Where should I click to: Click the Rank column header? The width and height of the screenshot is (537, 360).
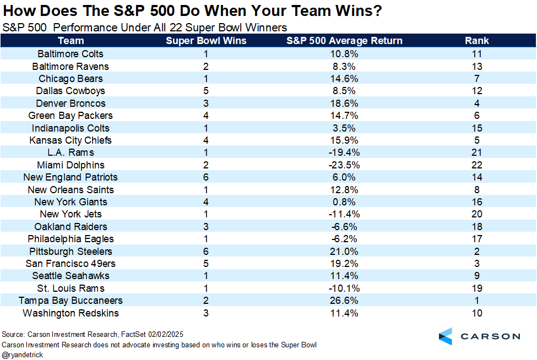tap(476, 41)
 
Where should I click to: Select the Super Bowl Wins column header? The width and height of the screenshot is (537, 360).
tap(206, 41)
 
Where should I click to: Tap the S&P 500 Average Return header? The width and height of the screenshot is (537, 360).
tap(344, 41)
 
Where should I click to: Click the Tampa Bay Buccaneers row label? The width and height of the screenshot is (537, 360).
tap(70, 301)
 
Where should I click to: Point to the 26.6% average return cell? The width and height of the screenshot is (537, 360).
tap(344, 301)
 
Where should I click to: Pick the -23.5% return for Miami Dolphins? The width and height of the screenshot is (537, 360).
tap(344, 165)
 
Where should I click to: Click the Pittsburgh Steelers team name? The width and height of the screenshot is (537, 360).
tap(70, 251)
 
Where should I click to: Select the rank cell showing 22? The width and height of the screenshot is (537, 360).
tap(477, 165)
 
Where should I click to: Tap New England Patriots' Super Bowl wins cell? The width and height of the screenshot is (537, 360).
tap(206, 177)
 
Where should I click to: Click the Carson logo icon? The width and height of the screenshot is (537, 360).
tap(446, 336)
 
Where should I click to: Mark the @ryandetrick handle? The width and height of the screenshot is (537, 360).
tap(23, 355)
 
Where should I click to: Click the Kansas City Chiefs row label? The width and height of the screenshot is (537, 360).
tap(70, 140)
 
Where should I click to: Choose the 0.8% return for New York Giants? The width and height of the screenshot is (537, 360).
tap(344, 202)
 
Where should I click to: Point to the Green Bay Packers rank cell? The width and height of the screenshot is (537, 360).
tap(477, 116)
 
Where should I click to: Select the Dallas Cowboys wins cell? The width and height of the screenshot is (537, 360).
tap(206, 91)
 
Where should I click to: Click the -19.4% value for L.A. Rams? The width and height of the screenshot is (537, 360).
tap(344, 152)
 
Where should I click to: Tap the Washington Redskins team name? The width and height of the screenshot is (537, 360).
tap(70, 313)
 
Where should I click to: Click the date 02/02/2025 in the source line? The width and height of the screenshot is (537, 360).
tap(166, 334)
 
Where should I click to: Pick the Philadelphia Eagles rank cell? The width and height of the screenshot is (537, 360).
tap(477, 239)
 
